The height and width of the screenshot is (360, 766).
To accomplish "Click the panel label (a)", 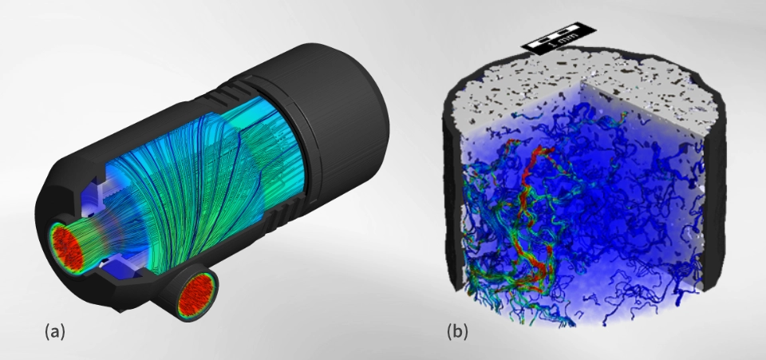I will [x=53, y=330].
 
